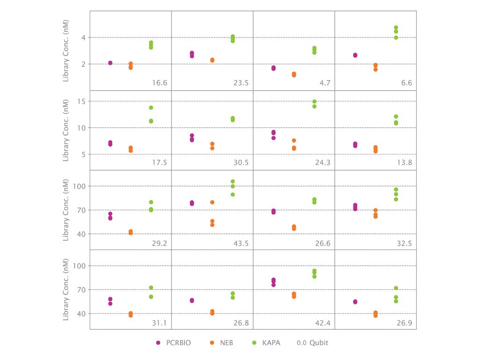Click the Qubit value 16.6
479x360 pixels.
(x=160, y=83)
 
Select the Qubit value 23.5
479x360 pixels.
(x=241, y=83)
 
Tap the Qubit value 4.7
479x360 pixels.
(x=325, y=83)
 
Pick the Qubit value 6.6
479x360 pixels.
(x=406, y=83)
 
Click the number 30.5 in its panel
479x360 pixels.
(x=241, y=163)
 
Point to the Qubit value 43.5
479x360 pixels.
(x=241, y=243)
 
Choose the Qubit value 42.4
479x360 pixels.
(x=323, y=323)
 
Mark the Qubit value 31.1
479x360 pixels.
(x=160, y=323)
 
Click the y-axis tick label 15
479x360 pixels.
(x=80, y=101)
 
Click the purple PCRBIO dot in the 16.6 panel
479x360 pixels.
(x=110, y=63)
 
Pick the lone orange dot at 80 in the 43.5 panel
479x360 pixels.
(x=212, y=202)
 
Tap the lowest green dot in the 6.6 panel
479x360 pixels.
(x=396, y=37)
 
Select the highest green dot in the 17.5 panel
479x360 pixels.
(x=151, y=108)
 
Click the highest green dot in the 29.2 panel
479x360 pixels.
(x=151, y=202)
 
